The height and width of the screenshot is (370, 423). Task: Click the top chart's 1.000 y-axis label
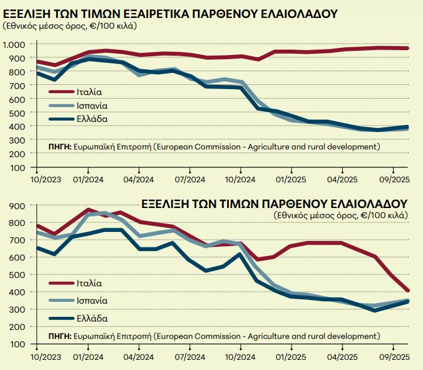[x=15, y=45]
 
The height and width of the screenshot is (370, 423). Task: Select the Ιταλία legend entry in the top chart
[x=88, y=92]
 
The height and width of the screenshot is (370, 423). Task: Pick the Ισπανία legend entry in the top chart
[x=91, y=105]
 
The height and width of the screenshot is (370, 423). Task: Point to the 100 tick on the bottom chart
[x=18, y=344]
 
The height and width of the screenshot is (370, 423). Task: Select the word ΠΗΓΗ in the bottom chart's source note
[x=58, y=337]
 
